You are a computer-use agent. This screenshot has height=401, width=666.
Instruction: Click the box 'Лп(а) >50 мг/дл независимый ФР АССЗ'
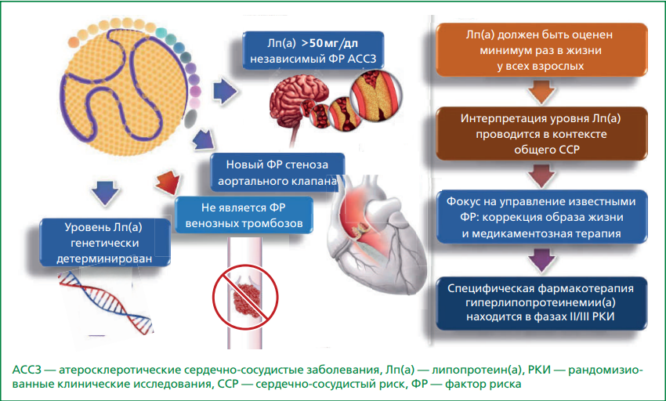[313, 50]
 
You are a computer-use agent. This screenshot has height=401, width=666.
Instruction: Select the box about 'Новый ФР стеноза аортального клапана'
[277, 172]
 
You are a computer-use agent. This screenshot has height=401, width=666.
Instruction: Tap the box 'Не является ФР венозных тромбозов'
[244, 215]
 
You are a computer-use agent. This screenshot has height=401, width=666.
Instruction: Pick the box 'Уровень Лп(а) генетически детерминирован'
[105, 243]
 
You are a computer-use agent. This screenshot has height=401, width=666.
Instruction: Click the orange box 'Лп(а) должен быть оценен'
[541, 49]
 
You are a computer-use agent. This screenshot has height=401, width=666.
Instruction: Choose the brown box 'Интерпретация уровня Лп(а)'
[541, 133]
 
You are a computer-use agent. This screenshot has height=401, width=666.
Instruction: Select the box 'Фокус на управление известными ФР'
[541, 217]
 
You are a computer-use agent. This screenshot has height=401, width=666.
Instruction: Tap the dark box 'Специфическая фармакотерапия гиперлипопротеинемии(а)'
[541, 303]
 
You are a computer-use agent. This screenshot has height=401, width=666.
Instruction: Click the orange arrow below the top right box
[541, 92]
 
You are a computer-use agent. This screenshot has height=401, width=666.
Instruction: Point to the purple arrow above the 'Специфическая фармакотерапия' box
[541, 260]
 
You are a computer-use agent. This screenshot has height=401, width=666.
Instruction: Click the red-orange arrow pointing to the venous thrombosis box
[168, 182]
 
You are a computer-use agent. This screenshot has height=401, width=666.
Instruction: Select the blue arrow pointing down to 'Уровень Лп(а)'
[105, 193]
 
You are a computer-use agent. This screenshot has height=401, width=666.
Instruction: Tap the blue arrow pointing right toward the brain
[225, 91]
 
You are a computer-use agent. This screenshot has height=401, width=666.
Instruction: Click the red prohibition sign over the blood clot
[245, 297]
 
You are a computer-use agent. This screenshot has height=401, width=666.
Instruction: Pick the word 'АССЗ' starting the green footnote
[27, 370]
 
